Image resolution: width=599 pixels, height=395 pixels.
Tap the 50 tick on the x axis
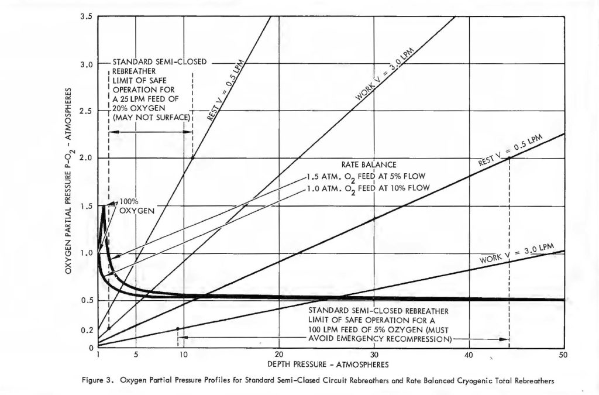click(564, 355)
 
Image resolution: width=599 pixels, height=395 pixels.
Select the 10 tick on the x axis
click(183, 355)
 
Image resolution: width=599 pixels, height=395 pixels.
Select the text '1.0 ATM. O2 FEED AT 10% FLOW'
click(369, 188)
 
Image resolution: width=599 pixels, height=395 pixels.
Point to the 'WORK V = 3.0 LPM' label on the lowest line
click(516, 255)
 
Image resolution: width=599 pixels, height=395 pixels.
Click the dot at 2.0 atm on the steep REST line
click(192, 158)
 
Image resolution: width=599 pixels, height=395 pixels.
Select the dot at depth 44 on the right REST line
click(509, 158)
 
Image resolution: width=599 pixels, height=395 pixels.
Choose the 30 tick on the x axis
click(373, 355)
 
